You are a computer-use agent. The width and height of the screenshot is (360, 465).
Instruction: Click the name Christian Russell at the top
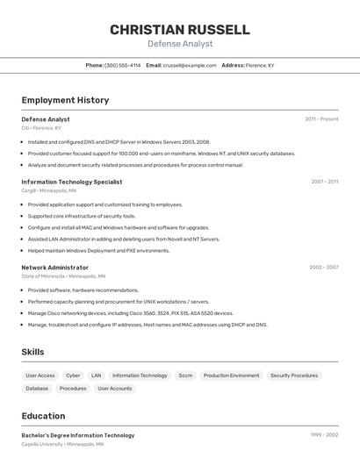180,30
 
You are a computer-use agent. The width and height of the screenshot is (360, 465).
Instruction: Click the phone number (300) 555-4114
122,65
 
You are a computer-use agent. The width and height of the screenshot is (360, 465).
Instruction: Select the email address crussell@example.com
190,65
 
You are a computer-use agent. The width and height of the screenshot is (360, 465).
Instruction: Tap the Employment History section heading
65,100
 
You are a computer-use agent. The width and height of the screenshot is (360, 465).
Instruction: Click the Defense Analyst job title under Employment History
46,119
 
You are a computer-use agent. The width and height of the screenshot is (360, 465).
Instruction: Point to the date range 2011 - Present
321,119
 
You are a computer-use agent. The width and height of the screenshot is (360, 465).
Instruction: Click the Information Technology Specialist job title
72,182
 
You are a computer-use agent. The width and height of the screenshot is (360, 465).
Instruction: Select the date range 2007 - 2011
324,182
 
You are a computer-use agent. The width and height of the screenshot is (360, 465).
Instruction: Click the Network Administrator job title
55,268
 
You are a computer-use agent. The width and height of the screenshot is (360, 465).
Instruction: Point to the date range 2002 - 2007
323,268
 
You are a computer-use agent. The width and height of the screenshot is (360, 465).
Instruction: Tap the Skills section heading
33,352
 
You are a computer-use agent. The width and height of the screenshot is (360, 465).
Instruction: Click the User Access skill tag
40,376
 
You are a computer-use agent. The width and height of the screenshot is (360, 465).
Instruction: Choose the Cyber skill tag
73,376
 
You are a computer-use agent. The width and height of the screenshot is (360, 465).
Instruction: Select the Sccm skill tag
185,376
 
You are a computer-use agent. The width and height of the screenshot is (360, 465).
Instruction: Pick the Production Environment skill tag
232,376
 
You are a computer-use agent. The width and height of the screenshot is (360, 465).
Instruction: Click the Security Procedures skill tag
294,376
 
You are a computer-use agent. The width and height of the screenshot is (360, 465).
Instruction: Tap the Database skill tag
37,389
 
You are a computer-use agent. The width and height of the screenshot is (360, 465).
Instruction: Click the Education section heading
43,416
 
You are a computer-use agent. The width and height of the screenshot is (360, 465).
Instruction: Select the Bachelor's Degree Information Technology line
78,435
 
